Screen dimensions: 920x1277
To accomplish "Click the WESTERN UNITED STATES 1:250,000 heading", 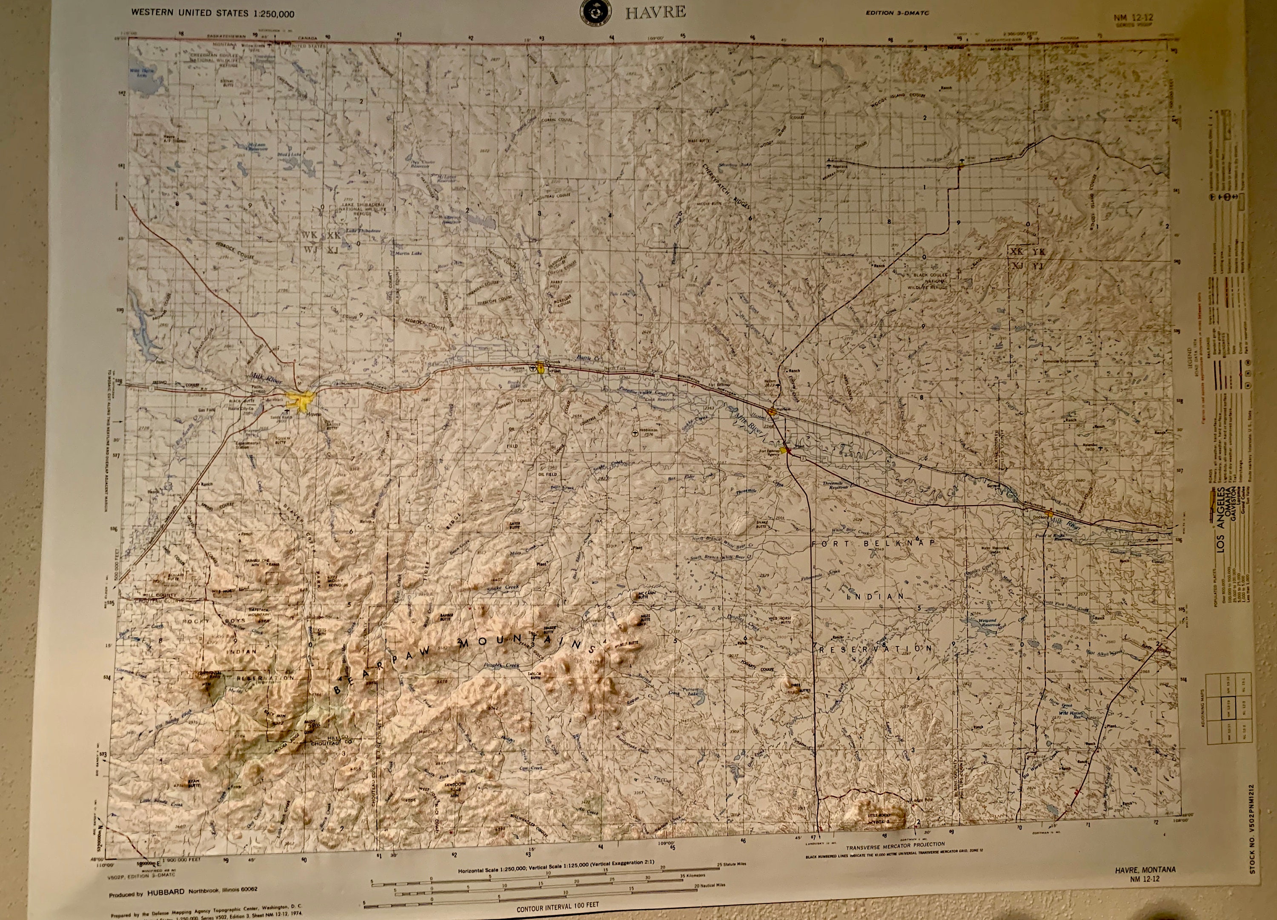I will [x=212, y=13].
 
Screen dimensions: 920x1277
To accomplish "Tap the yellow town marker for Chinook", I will [x=541, y=368].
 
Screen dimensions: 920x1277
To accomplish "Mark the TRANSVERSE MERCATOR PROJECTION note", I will [x=895, y=860].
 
